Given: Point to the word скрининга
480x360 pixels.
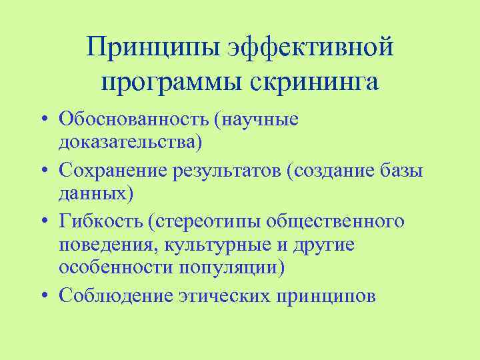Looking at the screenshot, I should (315, 83).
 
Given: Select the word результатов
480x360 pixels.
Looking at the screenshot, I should (230, 171).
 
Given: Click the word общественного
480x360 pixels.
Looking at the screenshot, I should (343, 221).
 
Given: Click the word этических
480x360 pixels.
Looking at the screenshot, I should (231, 295).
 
